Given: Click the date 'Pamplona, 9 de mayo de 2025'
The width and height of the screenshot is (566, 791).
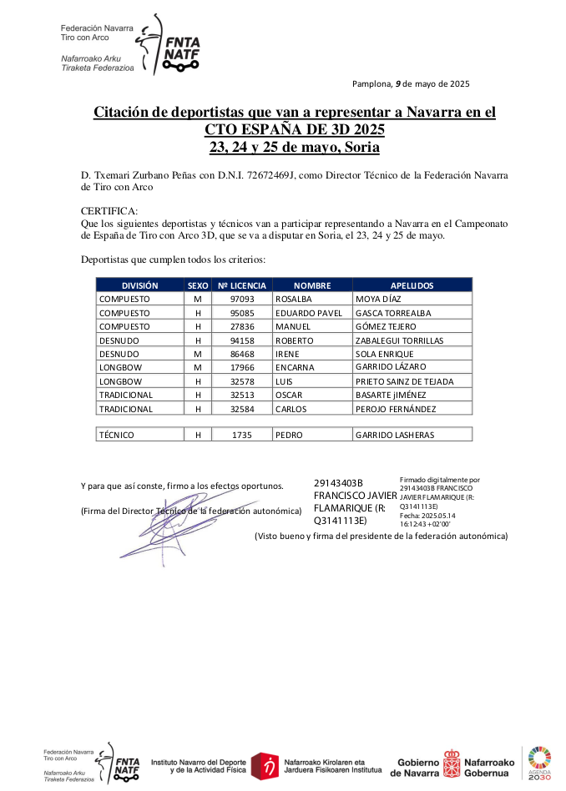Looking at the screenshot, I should pyautogui.click(x=411, y=83).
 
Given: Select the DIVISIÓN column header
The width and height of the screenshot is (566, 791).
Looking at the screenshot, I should pyautogui.click(x=139, y=285).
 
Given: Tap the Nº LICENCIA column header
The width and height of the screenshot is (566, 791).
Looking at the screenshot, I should pyautogui.click(x=242, y=285).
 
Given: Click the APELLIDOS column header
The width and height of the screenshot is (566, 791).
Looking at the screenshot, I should pyautogui.click(x=412, y=285).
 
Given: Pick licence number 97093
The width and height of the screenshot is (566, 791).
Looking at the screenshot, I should pyautogui.click(x=242, y=299).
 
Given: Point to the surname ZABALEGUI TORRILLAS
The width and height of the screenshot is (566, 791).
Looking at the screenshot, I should pyautogui.click(x=399, y=340).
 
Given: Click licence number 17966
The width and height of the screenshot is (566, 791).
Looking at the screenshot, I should pyautogui.click(x=242, y=367).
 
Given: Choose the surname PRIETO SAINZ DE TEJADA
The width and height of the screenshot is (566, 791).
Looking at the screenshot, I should pyautogui.click(x=405, y=381).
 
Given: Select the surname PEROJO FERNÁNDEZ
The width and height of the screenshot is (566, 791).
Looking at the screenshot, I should pyautogui.click(x=396, y=409).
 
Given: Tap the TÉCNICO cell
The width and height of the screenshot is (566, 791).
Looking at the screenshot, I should pyautogui.click(x=117, y=435).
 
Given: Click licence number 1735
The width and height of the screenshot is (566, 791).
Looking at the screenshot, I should pyautogui.click(x=242, y=435).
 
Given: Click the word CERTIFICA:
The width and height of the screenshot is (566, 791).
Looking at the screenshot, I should pyautogui.click(x=109, y=212).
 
